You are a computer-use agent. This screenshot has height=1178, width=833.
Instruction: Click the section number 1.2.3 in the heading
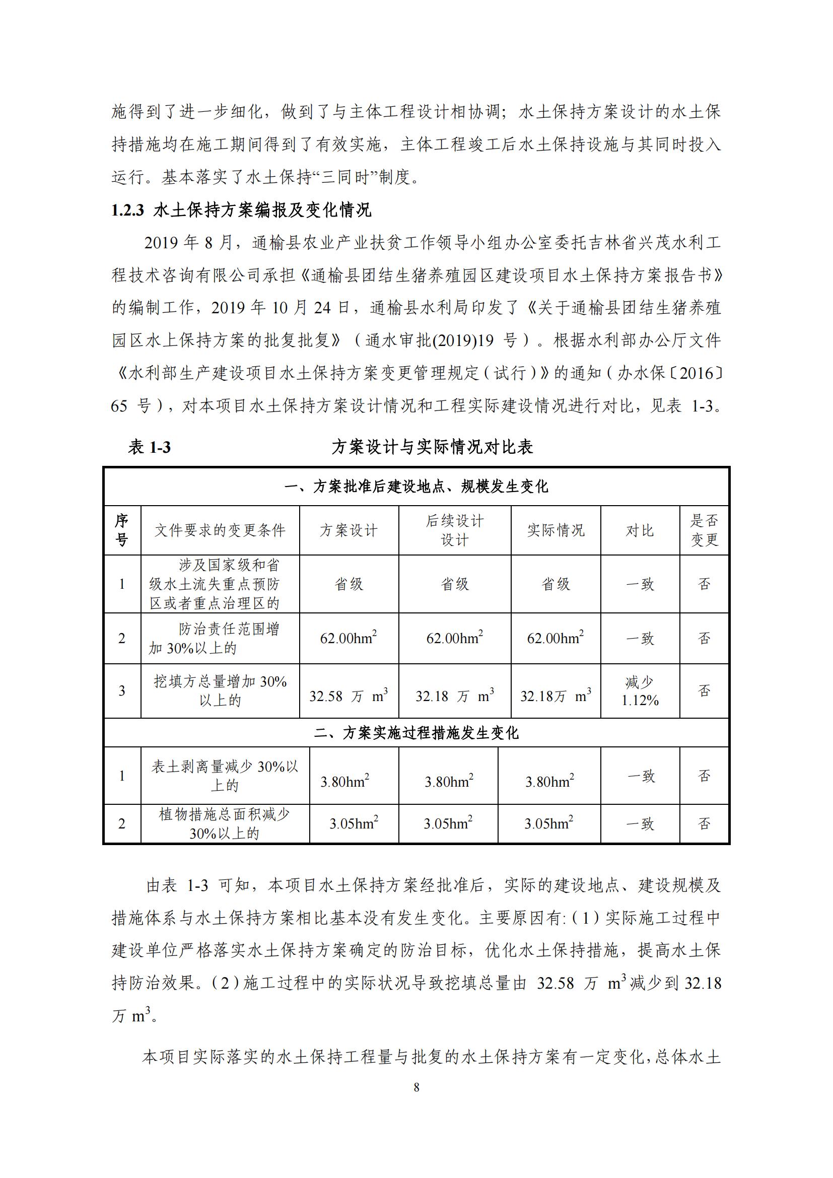click(128, 211)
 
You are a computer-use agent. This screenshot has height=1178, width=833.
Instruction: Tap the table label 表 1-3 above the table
click(149, 447)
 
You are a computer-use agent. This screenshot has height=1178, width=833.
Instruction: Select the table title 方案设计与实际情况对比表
click(432, 447)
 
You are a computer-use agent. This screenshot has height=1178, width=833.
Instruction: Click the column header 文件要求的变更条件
click(220, 530)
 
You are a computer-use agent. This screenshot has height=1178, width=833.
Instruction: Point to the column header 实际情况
click(556, 530)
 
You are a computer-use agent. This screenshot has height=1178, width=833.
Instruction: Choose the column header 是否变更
click(704, 530)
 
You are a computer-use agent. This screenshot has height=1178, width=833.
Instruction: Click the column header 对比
click(640, 530)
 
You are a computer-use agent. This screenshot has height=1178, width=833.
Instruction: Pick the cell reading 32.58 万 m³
click(349, 696)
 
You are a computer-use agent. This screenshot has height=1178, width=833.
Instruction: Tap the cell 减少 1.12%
click(640, 690)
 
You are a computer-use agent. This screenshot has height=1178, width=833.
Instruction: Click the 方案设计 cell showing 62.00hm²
click(349, 638)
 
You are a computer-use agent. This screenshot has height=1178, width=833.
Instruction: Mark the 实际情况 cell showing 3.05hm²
click(548, 823)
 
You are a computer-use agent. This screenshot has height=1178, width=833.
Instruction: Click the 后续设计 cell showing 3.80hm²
click(448, 782)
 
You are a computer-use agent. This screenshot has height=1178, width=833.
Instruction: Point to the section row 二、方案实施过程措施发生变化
click(416, 733)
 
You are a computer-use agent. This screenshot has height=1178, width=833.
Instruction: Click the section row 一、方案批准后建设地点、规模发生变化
click(416, 486)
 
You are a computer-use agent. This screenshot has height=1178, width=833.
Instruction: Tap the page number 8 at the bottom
click(416, 1087)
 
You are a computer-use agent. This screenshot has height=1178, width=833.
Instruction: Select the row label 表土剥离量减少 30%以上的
click(225, 776)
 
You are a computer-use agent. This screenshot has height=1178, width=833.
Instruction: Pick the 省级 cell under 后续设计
click(454, 584)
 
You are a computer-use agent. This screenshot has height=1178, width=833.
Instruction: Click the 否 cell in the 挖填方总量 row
click(704, 690)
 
